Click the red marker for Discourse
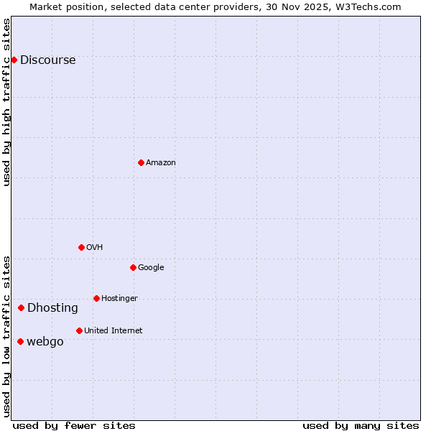(x=14, y=60)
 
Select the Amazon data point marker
(x=141, y=162)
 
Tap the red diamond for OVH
(x=81, y=247)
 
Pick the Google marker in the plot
(x=133, y=267)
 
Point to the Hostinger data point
(x=96, y=298)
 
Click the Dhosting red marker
(x=21, y=307)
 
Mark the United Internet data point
(x=79, y=330)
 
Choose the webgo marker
(x=20, y=341)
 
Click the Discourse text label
(x=47, y=60)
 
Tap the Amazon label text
(x=161, y=163)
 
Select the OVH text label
(x=95, y=248)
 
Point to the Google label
(x=151, y=268)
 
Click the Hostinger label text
(x=119, y=299)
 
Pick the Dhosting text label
(x=52, y=308)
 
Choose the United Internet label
(x=113, y=331)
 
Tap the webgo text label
(x=45, y=342)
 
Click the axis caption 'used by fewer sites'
(x=74, y=425)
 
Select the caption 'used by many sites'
(x=361, y=425)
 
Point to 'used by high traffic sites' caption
(x=7, y=102)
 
